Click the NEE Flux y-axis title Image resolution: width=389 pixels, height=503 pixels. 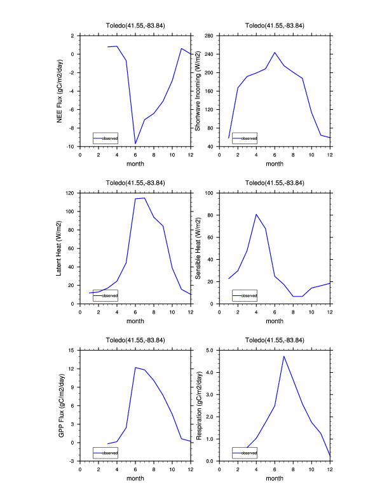[60, 90]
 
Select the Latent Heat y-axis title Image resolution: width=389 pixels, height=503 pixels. [60, 248]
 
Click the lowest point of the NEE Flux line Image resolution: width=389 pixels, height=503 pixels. [135, 144]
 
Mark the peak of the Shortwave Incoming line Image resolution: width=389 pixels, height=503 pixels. [275, 53]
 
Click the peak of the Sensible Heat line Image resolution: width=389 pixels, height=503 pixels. [256, 214]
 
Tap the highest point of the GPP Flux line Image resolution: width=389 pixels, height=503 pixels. [135, 367]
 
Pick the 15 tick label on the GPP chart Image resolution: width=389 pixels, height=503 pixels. [71, 350]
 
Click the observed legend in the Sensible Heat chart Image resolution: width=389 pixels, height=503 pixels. [244, 296]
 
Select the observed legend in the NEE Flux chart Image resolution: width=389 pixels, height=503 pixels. [105, 138]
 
